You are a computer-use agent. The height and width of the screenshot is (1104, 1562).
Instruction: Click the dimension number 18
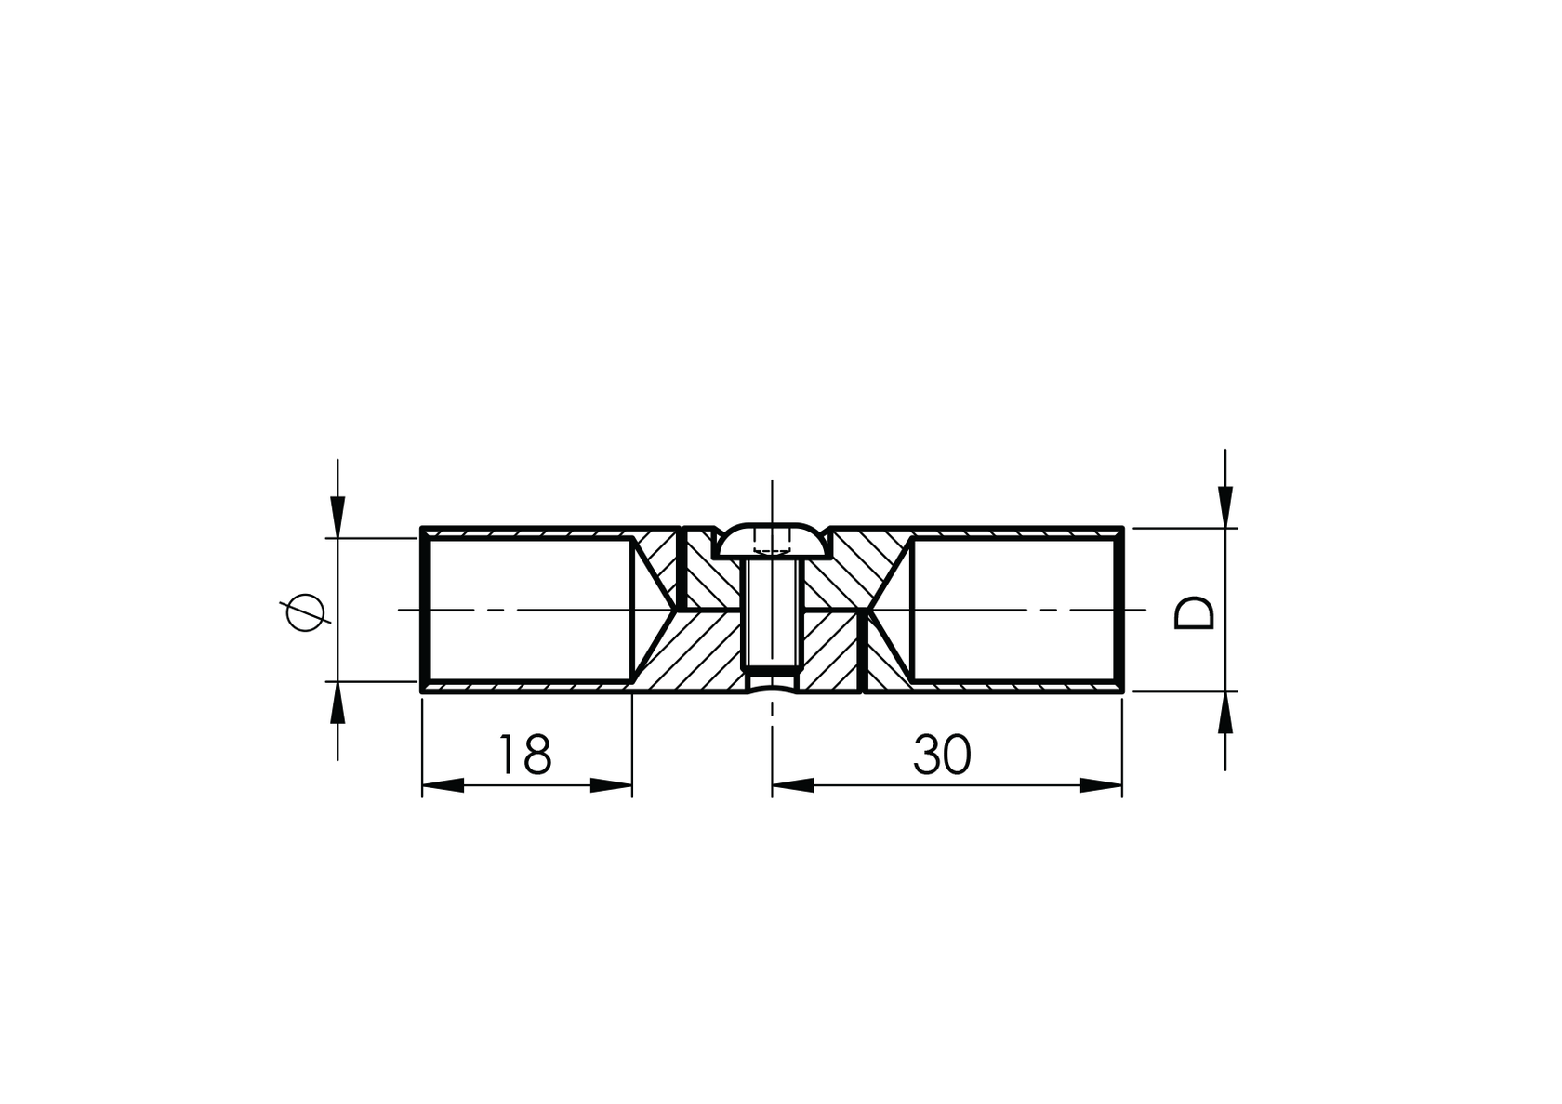pyautogui.click(x=525, y=755)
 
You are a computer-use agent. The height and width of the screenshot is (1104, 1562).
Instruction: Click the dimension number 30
pyautogui.click(x=942, y=755)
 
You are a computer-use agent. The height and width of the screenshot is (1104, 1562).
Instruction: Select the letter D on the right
pyautogui.click(x=1195, y=612)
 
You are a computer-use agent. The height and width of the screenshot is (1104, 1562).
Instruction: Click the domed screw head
pyautogui.click(x=772, y=541)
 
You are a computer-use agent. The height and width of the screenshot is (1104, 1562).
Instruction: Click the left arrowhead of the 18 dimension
pyautogui.click(x=443, y=786)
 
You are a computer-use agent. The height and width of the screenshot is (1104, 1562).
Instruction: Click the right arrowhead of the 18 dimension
pyautogui.click(x=612, y=786)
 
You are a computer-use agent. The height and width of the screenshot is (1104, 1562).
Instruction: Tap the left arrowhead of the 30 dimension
pyautogui.click(x=792, y=786)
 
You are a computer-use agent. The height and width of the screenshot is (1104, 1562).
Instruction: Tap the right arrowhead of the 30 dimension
pyautogui.click(x=1102, y=786)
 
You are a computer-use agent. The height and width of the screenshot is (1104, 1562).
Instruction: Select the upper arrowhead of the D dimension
pyautogui.click(x=1225, y=507)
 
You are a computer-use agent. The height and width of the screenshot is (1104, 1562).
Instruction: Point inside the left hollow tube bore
pyautogui.click(x=530, y=609)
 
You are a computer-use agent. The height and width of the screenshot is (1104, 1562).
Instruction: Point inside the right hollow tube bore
pyautogui.click(x=1013, y=609)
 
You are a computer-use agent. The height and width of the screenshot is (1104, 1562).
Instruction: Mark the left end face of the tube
pyautogui.click(x=424, y=610)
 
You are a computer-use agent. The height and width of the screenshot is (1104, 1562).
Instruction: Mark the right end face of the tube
pyautogui.click(x=1122, y=610)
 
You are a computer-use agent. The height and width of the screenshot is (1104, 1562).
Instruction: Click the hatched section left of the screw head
pyautogui.click(x=699, y=572)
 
